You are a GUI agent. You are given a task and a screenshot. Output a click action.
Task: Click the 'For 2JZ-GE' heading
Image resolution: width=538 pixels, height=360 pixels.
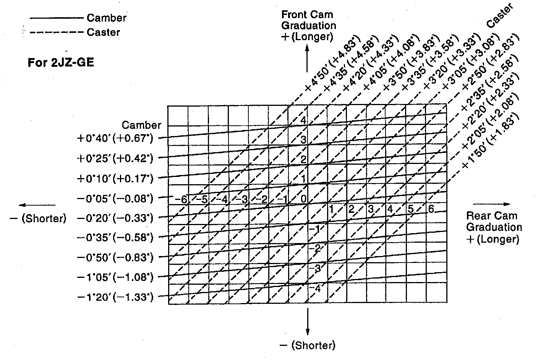pyautogui.click(x=61, y=62)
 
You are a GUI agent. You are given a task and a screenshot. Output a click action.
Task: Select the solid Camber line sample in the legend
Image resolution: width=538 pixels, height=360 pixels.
pyautogui.click(x=56, y=18)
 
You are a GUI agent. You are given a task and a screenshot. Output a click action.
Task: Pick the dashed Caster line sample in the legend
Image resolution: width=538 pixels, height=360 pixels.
pyautogui.click(x=56, y=32)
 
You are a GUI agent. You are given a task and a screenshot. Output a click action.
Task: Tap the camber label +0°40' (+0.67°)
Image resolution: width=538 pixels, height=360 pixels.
pyautogui.click(x=115, y=138)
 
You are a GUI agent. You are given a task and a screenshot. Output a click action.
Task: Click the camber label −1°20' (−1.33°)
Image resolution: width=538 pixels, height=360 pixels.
pyautogui.click(x=115, y=297)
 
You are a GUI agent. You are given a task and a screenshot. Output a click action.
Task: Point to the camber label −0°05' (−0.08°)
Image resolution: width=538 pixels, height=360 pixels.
pyautogui.click(x=115, y=198)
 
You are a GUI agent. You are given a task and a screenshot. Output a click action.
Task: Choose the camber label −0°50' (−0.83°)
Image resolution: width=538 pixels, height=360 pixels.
pyautogui.click(x=115, y=257)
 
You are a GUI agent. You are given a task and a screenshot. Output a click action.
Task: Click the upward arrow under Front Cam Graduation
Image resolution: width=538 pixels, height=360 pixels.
pyautogui.click(x=307, y=59)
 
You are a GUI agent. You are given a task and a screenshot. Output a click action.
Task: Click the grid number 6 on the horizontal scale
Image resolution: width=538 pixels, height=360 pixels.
pyautogui.click(x=431, y=209)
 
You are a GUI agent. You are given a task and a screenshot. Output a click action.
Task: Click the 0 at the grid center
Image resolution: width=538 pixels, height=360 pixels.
pyautogui.click(x=303, y=199)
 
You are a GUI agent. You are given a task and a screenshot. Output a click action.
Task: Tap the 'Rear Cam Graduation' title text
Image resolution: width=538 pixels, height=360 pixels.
pyautogui.click(x=494, y=221)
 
